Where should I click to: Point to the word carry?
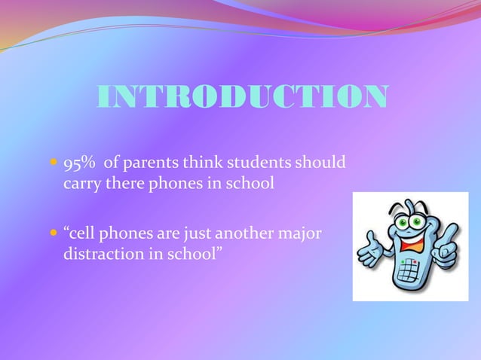point(78,185)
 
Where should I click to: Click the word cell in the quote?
point(82,234)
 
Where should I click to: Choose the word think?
point(204,163)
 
